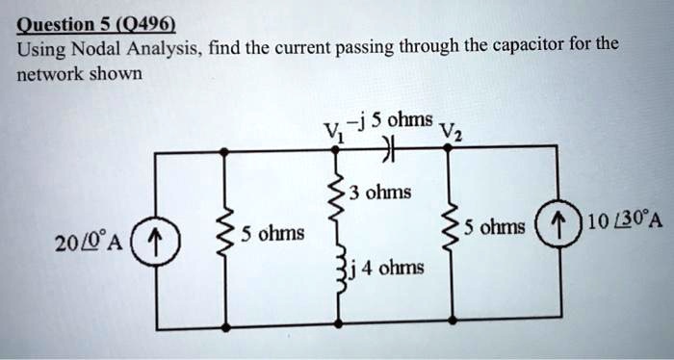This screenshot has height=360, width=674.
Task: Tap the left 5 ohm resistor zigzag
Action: click(x=225, y=234)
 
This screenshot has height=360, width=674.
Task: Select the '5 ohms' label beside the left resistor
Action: click(x=272, y=233)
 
